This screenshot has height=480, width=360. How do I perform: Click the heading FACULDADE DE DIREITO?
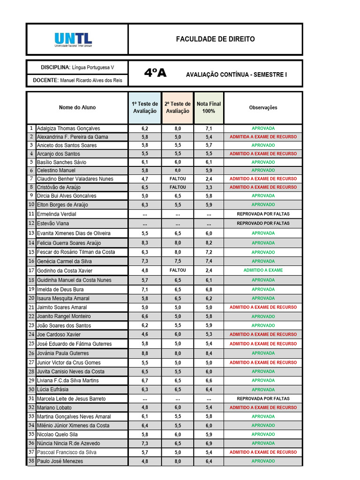[x=215, y=39]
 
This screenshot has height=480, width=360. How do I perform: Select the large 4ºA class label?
[x=155, y=74]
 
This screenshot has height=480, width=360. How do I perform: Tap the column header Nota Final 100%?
[x=209, y=107]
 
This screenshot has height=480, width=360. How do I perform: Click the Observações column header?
[x=263, y=107]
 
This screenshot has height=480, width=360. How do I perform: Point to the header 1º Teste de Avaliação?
[x=145, y=107]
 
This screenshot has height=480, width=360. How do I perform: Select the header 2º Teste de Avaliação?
[x=178, y=107]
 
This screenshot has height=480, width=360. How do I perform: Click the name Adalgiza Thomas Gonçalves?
[x=68, y=128]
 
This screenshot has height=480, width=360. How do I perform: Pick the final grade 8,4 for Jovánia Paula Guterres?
[x=209, y=353]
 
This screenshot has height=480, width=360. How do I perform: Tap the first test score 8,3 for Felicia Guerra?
[x=145, y=243]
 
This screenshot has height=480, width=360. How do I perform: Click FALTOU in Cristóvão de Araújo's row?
[x=178, y=187]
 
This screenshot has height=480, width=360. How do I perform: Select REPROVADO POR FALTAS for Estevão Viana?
[x=263, y=224]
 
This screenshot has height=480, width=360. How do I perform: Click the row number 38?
[x=31, y=461]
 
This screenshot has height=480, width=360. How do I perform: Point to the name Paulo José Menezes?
[x=60, y=461]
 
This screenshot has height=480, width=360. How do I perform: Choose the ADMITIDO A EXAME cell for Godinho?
[x=263, y=270]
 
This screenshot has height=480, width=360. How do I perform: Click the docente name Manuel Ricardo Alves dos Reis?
[x=91, y=81]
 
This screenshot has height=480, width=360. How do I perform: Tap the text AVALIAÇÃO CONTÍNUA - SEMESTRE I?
[x=236, y=75]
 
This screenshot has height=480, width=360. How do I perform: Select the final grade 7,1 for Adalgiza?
[x=209, y=128]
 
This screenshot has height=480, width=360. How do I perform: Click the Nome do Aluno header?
[x=77, y=107]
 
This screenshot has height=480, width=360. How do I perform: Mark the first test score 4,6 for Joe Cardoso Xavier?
[x=145, y=335]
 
